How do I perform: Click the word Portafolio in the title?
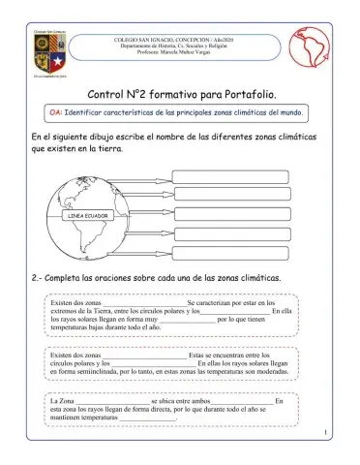coord(250,95)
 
